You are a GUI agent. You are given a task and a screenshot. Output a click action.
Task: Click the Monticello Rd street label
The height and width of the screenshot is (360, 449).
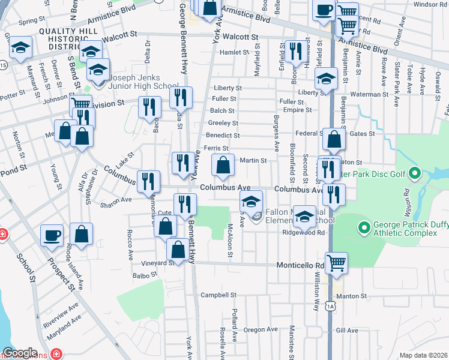300,265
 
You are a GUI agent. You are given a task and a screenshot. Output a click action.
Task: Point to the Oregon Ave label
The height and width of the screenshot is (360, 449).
261,329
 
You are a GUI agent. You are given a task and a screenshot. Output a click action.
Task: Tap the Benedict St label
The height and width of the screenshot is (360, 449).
223,135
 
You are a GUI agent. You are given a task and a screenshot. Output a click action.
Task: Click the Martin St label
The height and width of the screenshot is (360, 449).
253,160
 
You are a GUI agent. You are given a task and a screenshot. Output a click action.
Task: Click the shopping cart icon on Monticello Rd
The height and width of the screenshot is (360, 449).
336,262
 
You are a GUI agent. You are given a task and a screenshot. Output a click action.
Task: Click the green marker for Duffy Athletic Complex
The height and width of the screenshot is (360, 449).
363,228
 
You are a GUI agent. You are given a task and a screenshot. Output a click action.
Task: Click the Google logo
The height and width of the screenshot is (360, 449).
19,353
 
